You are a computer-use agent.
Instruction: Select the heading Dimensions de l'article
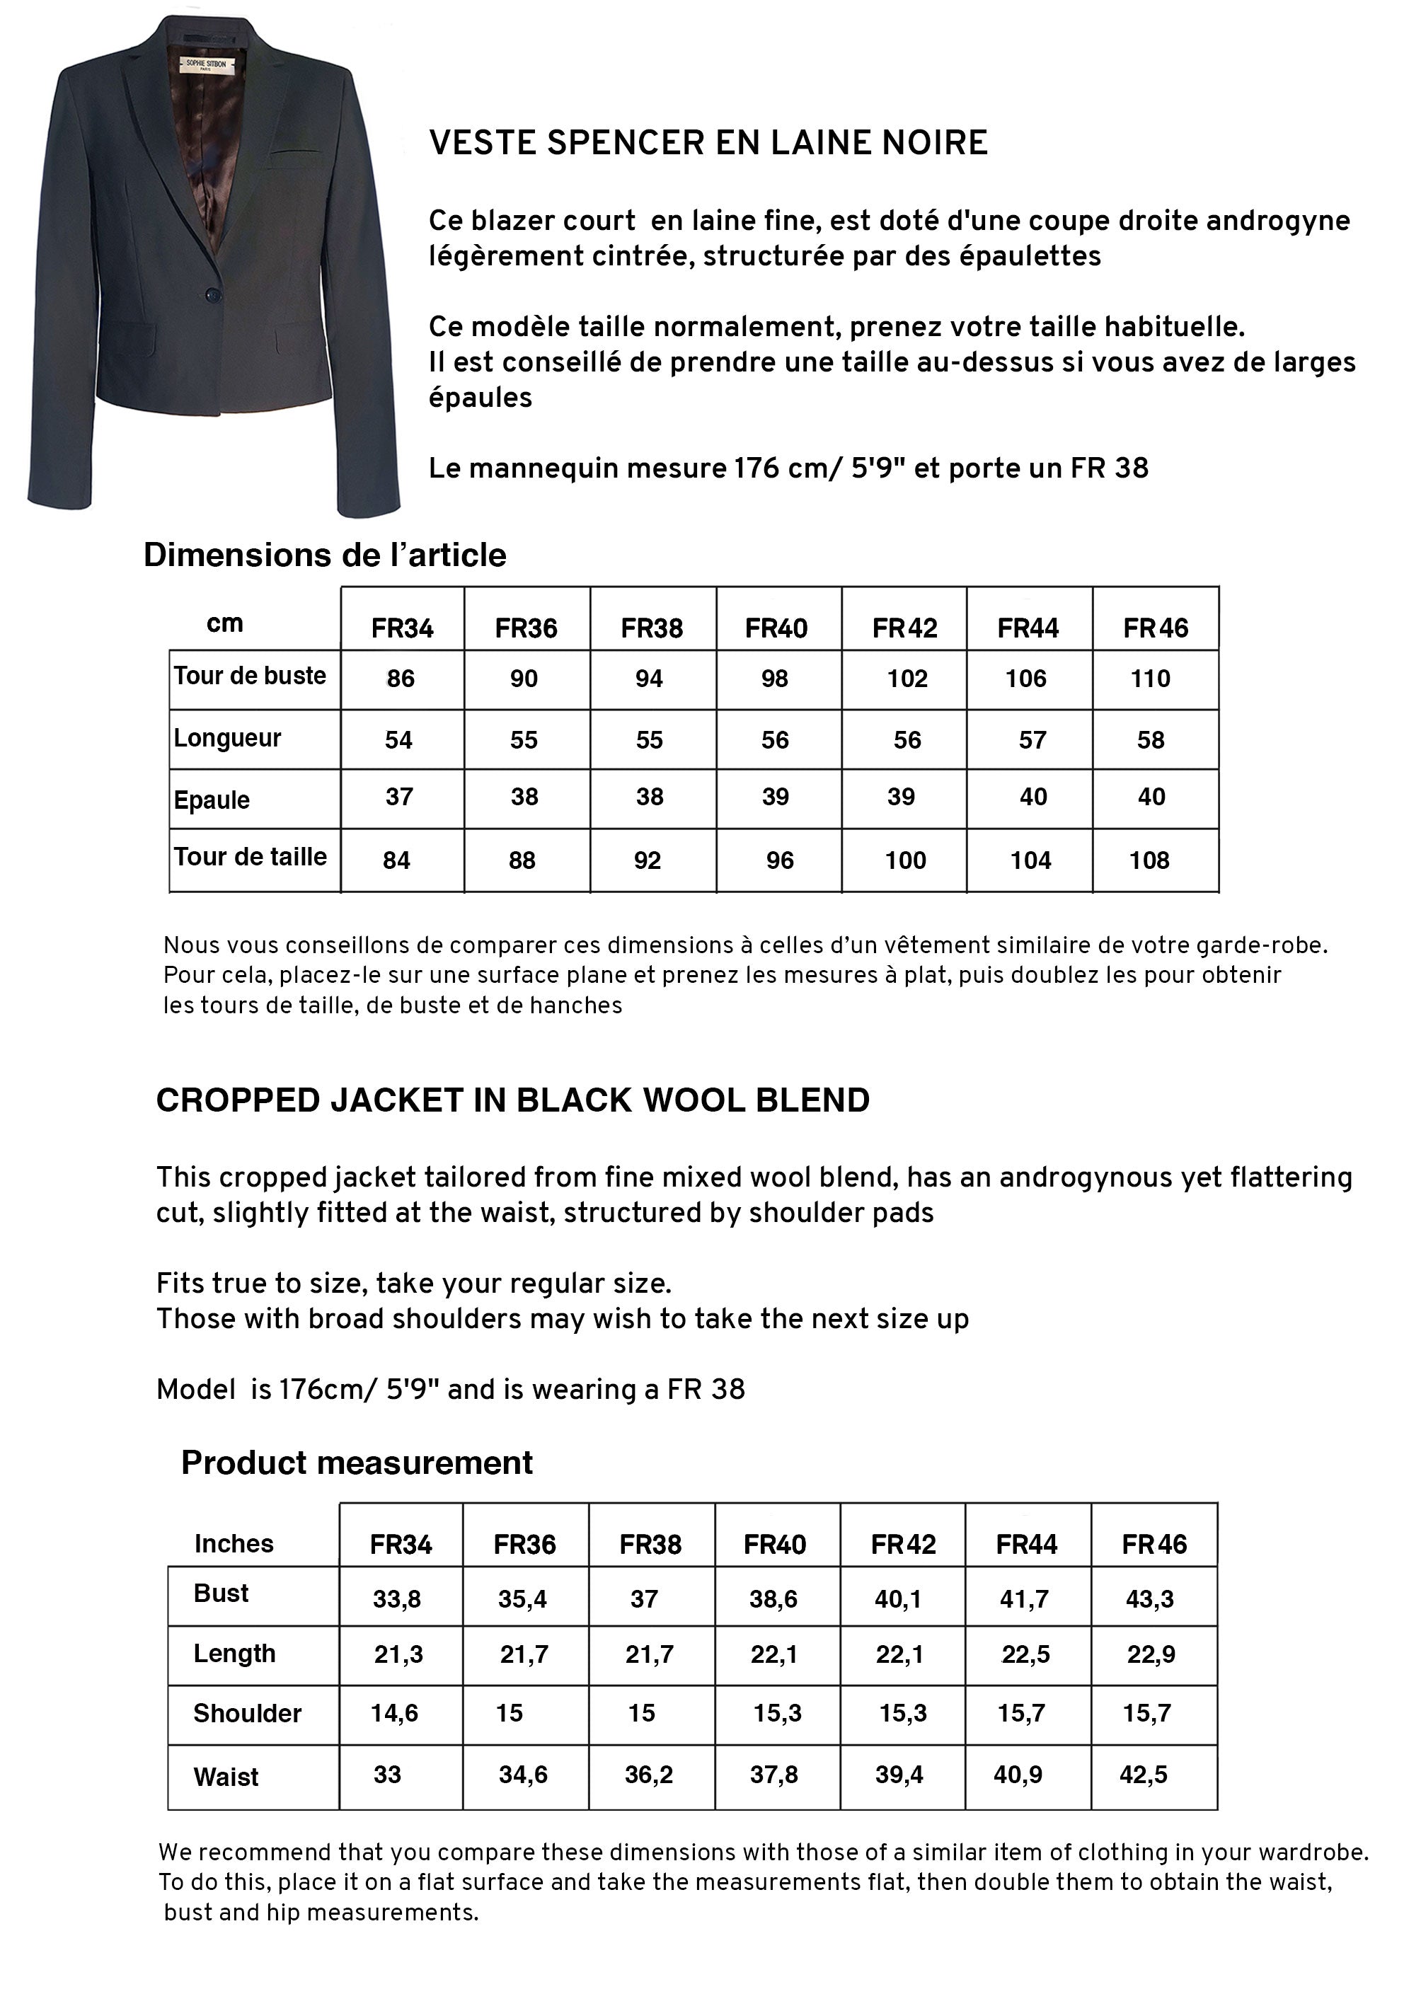325,555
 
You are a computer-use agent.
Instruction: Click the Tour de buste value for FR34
401,679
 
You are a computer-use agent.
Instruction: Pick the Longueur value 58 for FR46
1151,740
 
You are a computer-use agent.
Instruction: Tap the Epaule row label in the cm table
212,800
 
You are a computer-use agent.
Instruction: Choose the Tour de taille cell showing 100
904,860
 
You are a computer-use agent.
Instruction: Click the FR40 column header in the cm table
776,628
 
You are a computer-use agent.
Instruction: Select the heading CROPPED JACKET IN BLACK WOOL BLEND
513,1100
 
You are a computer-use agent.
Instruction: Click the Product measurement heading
357,1463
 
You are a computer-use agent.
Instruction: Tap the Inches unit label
234,1543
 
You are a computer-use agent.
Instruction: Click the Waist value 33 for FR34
388,1774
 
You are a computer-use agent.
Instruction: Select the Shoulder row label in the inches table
247,1713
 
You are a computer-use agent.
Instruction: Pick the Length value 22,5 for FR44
1025,1654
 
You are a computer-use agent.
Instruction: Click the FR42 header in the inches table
903,1544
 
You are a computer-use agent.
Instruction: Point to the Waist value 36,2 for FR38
648,1774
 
